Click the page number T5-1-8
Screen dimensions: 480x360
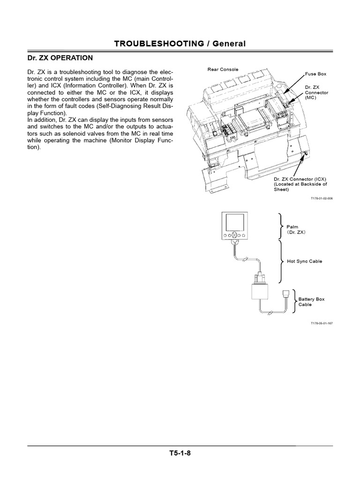180,453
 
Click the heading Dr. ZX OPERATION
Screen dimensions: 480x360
58,58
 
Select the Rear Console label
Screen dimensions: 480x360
223,69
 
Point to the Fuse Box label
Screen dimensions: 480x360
315,74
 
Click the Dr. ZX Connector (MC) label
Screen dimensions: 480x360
316,92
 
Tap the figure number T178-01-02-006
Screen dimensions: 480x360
321,198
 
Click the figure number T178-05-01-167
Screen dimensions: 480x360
321,323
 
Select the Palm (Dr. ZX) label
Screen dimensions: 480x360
299,229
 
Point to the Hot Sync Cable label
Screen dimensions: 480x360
304,261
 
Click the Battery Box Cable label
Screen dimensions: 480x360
311,301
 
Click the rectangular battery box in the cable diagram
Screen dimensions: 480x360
259,293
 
